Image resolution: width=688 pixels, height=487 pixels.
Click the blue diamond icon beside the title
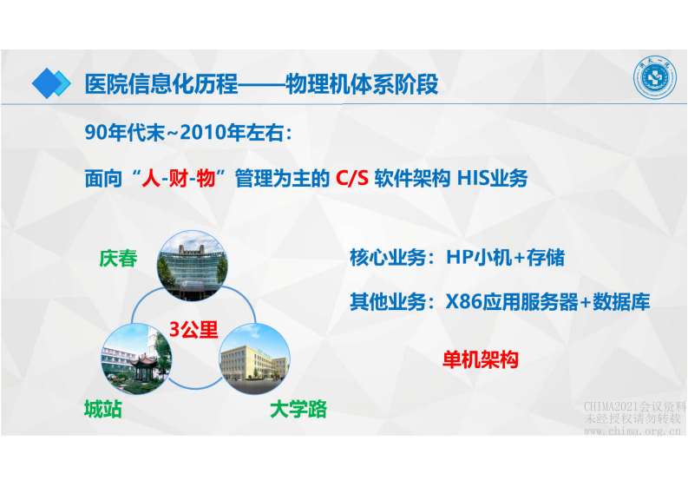click(x=51, y=82)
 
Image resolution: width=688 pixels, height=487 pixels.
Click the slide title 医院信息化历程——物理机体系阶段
click(x=260, y=85)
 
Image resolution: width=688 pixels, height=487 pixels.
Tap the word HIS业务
click(x=492, y=180)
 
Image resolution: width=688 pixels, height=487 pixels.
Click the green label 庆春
click(x=119, y=258)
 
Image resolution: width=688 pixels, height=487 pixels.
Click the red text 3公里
click(x=193, y=328)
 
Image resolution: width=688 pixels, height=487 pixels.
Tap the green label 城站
click(x=103, y=408)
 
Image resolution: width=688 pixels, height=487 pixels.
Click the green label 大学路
click(x=298, y=408)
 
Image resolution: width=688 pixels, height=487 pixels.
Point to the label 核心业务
click(x=389, y=258)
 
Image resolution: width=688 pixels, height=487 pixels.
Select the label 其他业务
click(x=389, y=302)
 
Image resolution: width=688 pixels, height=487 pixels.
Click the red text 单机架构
click(x=481, y=359)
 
